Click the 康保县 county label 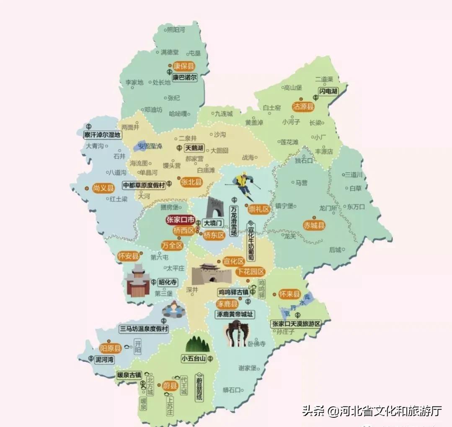[184, 66]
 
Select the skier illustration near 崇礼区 [243, 186]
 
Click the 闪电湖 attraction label [328, 91]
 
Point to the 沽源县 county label [303, 107]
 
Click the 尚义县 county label [103, 188]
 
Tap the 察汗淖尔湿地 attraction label [102, 135]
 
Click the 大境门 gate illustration [215, 207]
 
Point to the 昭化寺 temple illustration [137, 281]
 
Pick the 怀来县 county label [290, 294]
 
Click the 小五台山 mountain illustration [197, 344]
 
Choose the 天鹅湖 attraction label [194, 148]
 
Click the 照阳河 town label [176, 30]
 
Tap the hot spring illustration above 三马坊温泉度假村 [171, 311]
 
